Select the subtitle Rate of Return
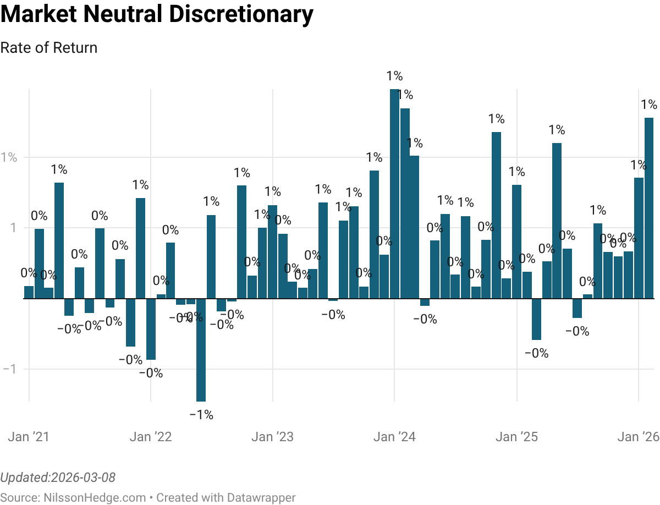pyautogui.click(x=49, y=48)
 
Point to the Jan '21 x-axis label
pyautogui.click(x=29, y=437)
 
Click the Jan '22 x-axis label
pyautogui.click(x=151, y=437)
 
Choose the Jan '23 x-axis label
pyautogui.click(x=273, y=437)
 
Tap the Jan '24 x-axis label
pyautogui.click(x=394, y=437)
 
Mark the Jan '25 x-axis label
pyautogui.click(x=516, y=437)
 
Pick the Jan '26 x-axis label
pyautogui.click(x=638, y=437)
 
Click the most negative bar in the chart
pyautogui.click(x=201, y=350)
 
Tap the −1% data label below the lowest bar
pyautogui.click(x=201, y=415)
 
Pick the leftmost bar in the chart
pyautogui.click(x=29, y=292)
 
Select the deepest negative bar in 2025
pyautogui.click(x=536, y=319)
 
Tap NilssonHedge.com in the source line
pyautogui.click(x=94, y=498)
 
